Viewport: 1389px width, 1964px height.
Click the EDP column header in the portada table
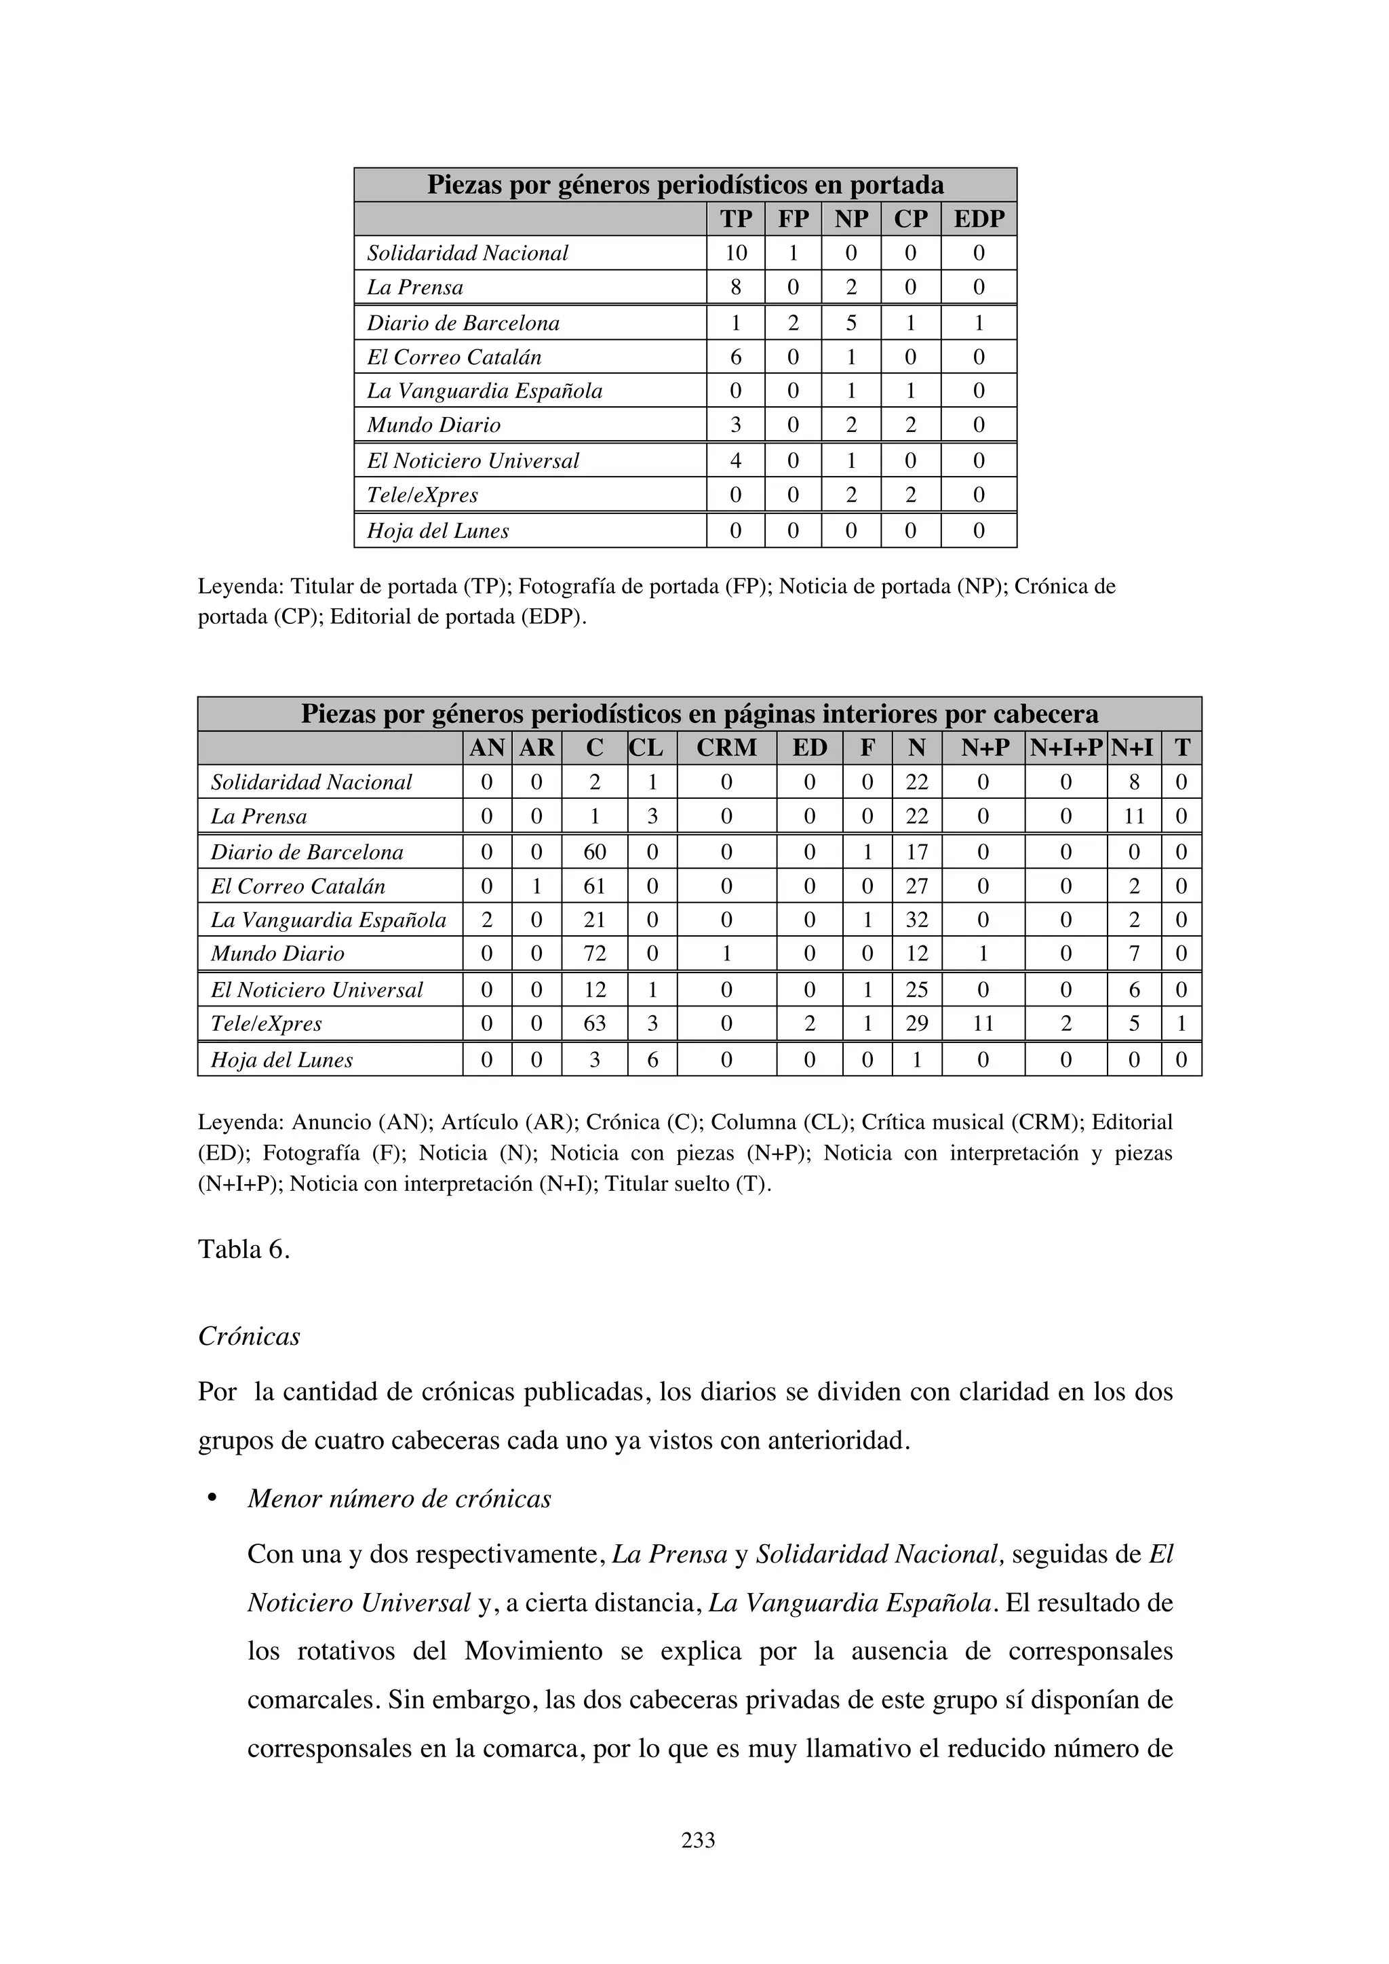click(x=979, y=219)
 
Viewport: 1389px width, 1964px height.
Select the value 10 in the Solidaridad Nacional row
click(x=736, y=253)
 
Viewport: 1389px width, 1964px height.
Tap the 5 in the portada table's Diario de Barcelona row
click(x=850, y=323)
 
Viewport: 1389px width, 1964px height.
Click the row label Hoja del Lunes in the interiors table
click(x=281, y=1060)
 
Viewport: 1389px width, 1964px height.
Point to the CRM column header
click(x=726, y=747)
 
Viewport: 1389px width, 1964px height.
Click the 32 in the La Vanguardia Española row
click(x=916, y=920)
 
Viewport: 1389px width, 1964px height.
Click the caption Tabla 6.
click(x=243, y=1250)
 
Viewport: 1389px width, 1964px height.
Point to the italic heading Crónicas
click(x=249, y=1336)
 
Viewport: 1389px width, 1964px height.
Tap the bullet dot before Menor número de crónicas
click(x=210, y=1499)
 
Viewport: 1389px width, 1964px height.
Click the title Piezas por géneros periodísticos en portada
click(x=685, y=184)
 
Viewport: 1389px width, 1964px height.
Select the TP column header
click(x=736, y=219)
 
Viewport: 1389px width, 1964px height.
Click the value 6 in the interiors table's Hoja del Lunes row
click(x=652, y=1060)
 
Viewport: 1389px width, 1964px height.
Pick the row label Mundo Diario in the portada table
click(x=433, y=425)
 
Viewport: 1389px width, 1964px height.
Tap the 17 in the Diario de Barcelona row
click(x=916, y=852)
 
